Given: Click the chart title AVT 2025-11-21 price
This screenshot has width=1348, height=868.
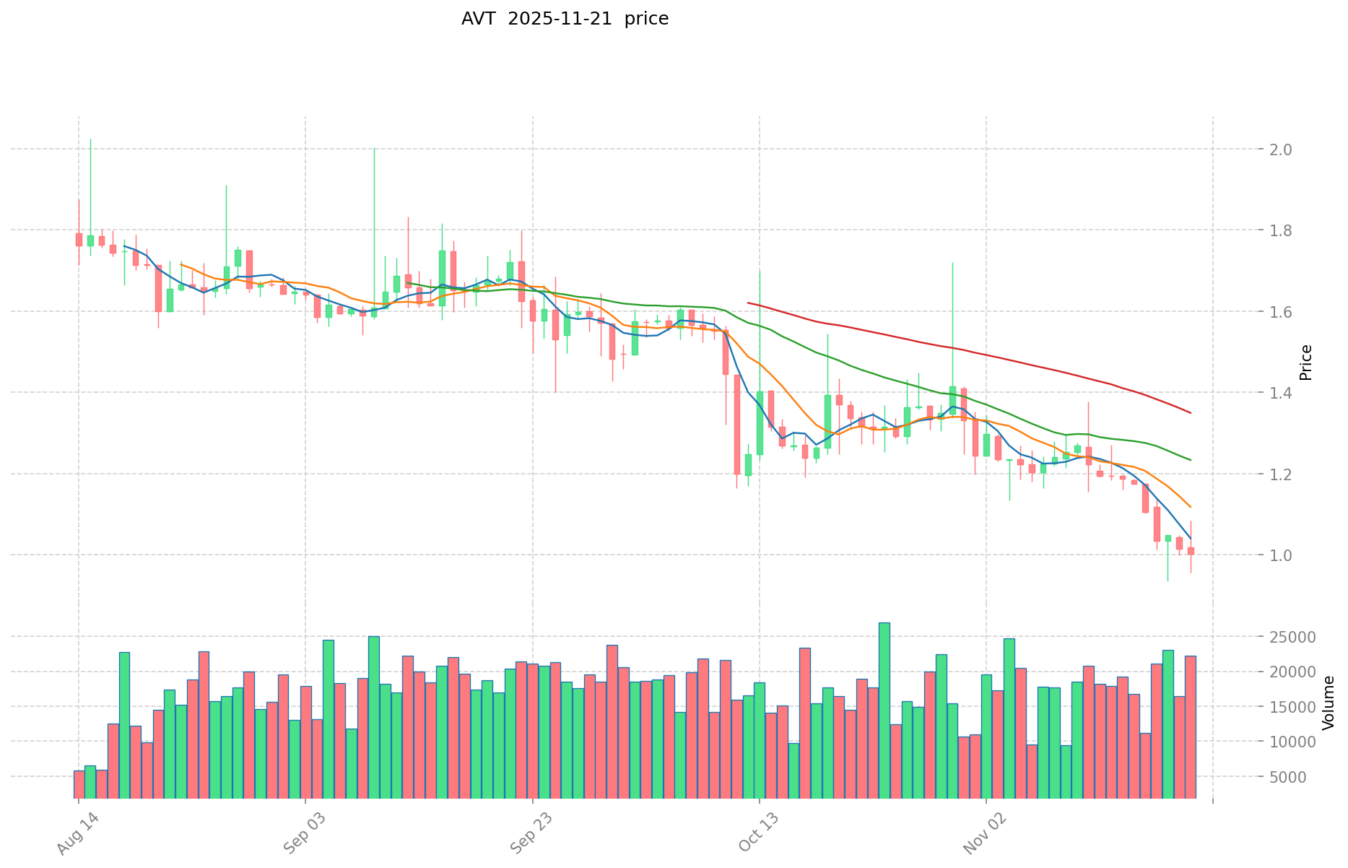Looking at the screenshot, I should [565, 19].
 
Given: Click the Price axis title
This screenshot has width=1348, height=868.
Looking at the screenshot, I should [1305, 363].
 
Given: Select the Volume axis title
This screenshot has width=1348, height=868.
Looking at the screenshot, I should [1329, 703].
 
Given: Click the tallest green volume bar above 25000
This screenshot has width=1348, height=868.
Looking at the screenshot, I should [884, 710].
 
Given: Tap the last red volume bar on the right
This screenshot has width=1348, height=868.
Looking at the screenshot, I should [1190, 726].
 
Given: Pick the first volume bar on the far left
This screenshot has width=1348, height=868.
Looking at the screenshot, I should [79, 784].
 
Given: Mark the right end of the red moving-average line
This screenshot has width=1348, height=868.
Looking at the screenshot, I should [1190, 413].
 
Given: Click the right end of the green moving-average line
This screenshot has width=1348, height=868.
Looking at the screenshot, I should [1190, 460].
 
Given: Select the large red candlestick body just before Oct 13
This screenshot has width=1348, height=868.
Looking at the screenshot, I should [737, 424].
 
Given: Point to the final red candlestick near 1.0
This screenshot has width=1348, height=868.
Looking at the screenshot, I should [1191, 551].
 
